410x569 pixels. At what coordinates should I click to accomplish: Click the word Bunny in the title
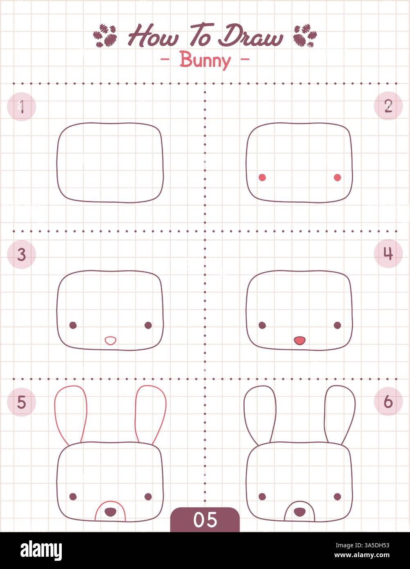point(205,60)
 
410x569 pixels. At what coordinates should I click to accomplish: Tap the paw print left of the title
point(105,36)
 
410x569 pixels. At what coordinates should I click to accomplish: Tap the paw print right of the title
point(305,36)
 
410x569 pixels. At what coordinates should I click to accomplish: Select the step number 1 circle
point(22,107)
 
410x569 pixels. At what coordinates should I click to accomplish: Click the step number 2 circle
point(388,106)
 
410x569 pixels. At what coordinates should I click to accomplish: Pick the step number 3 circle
point(22,255)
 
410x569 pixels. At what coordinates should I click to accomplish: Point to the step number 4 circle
point(388,254)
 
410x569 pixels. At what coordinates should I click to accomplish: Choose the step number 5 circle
point(22,402)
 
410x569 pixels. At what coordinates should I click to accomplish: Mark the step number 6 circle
point(388,402)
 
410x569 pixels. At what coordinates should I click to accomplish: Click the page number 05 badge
point(205,519)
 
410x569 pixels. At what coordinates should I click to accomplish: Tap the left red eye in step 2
point(262,177)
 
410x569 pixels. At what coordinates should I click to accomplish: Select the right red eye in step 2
point(337,177)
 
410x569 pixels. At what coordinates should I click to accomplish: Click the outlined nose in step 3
point(110,340)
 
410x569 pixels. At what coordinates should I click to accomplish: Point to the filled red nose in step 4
point(300,340)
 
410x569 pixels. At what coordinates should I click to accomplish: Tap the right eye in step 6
point(337,497)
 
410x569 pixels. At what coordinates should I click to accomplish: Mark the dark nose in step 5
point(110,511)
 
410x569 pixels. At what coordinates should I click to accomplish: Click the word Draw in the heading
point(250,37)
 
